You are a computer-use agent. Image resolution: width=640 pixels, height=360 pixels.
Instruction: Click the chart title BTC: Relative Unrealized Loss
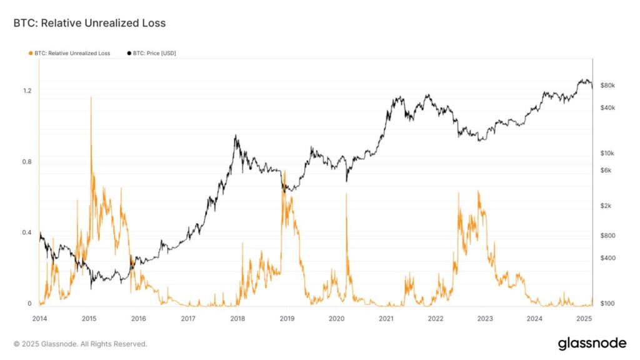pyautogui.click(x=89, y=23)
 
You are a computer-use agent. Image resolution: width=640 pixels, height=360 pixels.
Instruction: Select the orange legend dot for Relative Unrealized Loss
pyautogui.click(x=31, y=53)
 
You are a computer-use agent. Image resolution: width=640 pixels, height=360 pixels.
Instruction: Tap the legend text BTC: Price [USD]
pyautogui.click(x=154, y=53)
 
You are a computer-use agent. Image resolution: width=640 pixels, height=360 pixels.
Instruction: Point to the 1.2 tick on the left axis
pyautogui.click(x=27, y=91)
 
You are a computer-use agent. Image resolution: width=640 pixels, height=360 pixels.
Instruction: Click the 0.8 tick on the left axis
pyautogui.click(x=27, y=162)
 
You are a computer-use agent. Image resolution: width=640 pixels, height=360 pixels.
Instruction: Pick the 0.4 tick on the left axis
pyautogui.click(x=27, y=233)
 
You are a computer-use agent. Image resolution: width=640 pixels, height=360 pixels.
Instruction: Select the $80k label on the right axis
pyautogui.click(x=608, y=85)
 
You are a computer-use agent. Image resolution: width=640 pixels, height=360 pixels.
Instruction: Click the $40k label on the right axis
pyautogui.click(x=608, y=107)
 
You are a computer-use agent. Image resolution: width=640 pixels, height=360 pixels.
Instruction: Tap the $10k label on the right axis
pyautogui.click(x=608, y=153)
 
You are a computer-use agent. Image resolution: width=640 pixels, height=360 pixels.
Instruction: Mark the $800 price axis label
pyautogui.click(x=608, y=235)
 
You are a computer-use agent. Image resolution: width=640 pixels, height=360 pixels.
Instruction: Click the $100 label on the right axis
pyautogui.click(x=608, y=304)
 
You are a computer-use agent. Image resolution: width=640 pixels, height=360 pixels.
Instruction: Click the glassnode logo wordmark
pyautogui.click(x=591, y=343)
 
